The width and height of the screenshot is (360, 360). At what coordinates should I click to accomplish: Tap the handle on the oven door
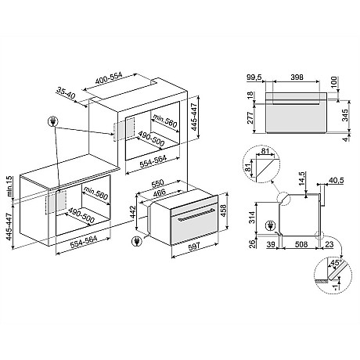pos(185,212)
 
